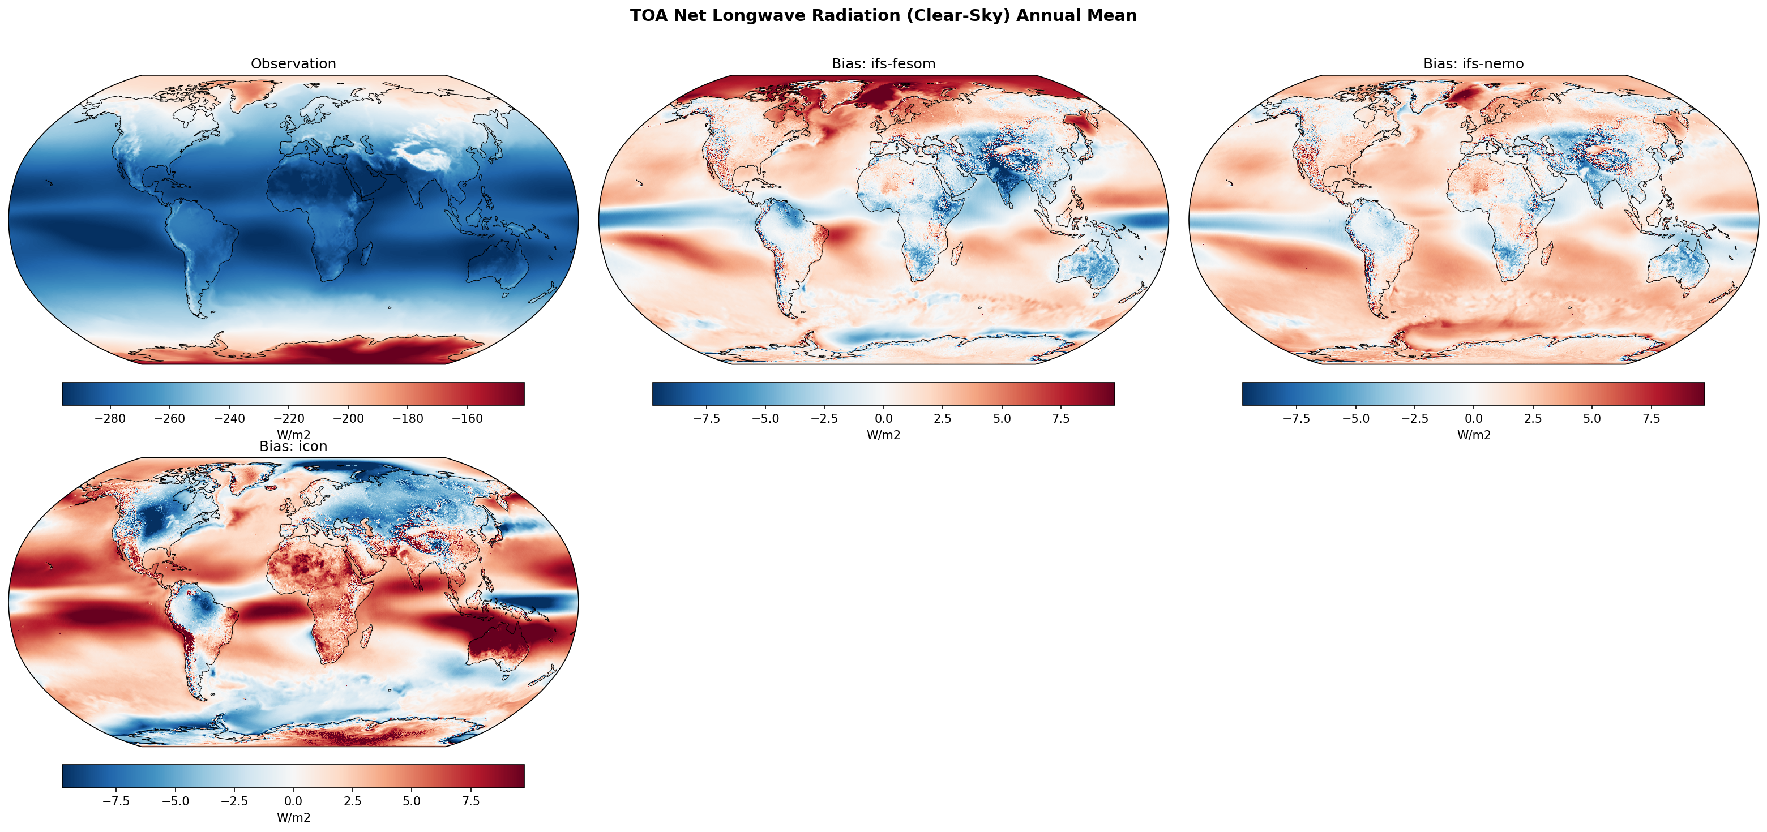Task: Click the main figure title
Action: pyautogui.click(x=883, y=16)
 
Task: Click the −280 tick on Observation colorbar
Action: pyautogui.click(x=110, y=418)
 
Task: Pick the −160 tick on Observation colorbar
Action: pyautogui.click(x=467, y=418)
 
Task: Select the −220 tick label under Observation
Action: pyautogui.click(x=289, y=418)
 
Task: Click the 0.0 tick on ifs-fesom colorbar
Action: pyautogui.click(x=883, y=418)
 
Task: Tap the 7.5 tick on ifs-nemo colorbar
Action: pyautogui.click(x=1651, y=418)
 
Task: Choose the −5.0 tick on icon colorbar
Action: pyautogui.click(x=175, y=801)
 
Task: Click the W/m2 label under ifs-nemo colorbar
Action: pyautogui.click(x=1473, y=435)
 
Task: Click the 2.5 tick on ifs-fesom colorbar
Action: pyautogui.click(x=943, y=418)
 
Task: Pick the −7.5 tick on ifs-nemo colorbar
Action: pyautogui.click(x=1296, y=418)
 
